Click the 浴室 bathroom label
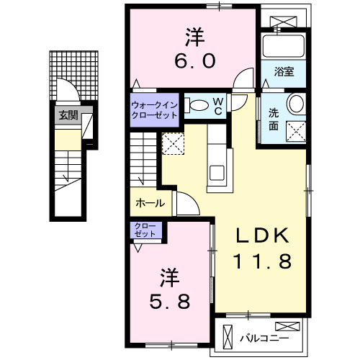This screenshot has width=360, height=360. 284,71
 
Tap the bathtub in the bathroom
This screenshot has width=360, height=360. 284,46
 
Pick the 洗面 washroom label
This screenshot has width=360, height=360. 274,118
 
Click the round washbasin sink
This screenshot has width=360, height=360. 296,104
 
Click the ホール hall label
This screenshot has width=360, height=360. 150,204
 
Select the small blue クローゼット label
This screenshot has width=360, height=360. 147,231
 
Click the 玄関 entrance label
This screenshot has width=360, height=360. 67,114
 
